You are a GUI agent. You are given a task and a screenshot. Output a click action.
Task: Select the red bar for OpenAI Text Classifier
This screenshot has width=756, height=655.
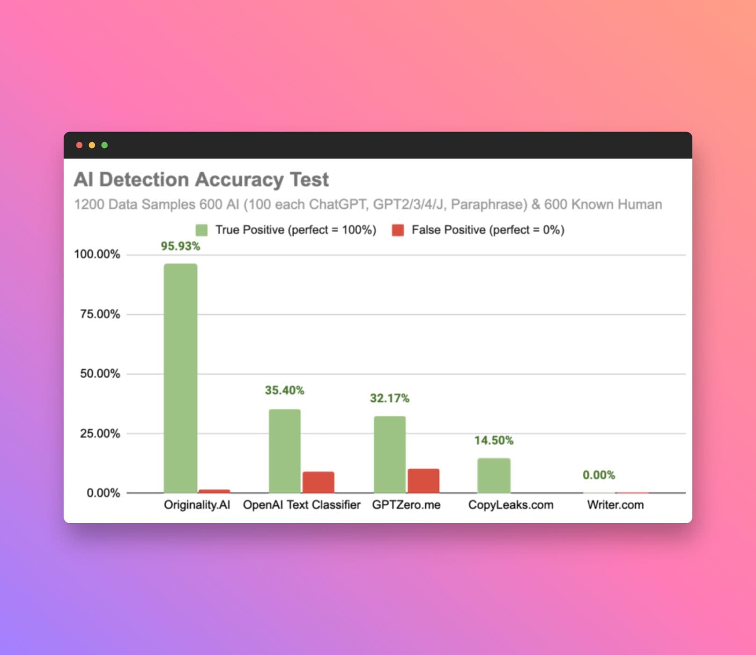[x=318, y=482]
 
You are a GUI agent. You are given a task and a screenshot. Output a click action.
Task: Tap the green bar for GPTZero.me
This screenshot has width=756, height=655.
[x=390, y=454]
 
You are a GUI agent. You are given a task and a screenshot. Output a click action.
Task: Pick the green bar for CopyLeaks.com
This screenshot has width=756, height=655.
[x=494, y=475]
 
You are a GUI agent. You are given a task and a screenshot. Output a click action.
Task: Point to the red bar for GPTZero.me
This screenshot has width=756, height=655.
[x=423, y=481]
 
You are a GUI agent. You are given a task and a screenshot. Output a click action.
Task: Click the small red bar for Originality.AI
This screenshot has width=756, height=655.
[x=214, y=491]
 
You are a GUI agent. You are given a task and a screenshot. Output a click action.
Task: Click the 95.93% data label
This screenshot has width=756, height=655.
[x=181, y=246]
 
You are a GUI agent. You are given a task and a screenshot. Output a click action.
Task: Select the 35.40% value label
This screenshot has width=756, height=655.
[x=284, y=390]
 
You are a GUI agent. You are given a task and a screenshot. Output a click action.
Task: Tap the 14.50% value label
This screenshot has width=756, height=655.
[x=494, y=440]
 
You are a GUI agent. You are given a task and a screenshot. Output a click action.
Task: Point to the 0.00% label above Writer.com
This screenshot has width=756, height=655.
[x=599, y=475]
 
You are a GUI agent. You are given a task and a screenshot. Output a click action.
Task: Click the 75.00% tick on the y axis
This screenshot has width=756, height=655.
[x=100, y=314]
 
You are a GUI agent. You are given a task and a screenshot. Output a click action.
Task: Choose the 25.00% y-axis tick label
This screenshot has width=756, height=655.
[x=100, y=433]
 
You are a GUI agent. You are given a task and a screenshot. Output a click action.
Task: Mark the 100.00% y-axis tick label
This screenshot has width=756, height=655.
[x=97, y=255]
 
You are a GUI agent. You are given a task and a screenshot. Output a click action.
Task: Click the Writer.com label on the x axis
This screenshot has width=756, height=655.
[x=615, y=505]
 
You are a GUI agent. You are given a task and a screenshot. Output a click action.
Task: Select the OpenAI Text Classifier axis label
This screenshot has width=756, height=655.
[x=302, y=505]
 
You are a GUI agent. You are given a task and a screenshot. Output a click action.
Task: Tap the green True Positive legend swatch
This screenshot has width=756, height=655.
[x=202, y=230]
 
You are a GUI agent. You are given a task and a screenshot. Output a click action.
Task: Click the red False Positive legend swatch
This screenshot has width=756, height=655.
[x=398, y=230]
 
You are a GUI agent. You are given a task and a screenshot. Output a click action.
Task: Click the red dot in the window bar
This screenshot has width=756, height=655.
[x=80, y=145]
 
